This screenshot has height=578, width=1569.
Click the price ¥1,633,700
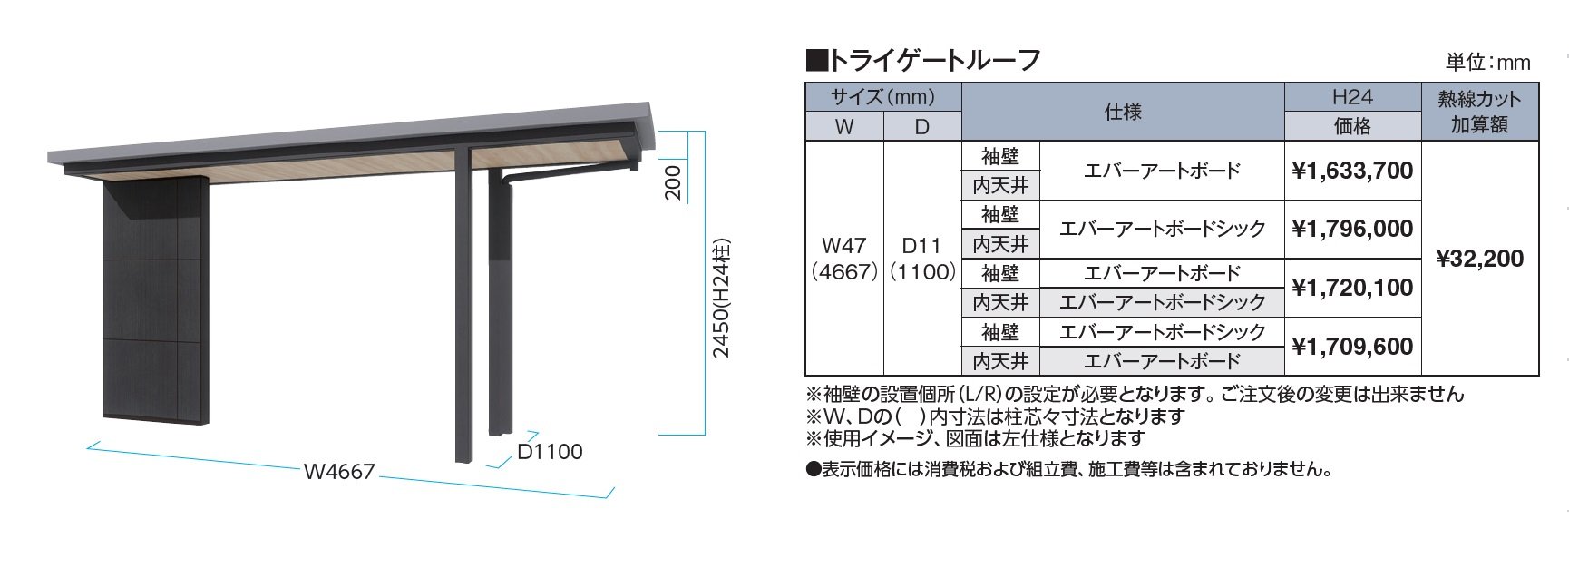click(1352, 171)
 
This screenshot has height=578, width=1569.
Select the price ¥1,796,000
click(1352, 229)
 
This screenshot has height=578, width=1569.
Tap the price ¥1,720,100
click(1352, 288)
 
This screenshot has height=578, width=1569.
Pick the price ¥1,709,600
click(1352, 347)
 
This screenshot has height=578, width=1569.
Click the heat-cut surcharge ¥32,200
click(1479, 259)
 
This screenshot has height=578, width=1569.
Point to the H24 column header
click(1352, 97)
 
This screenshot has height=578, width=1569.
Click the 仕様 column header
click(1122, 112)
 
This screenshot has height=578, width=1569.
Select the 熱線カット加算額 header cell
click(1479, 112)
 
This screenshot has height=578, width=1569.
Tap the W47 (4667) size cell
click(844, 259)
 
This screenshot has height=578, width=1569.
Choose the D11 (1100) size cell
click(922, 259)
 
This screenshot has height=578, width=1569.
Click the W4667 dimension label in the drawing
click(339, 472)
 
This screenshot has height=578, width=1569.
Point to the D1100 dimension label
click(550, 452)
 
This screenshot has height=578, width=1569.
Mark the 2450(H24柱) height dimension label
click(721, 299)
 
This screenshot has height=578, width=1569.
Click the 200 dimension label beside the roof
click(673, 182)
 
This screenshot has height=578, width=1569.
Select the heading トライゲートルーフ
click(923, 60)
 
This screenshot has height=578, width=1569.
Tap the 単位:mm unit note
click(1487, 63)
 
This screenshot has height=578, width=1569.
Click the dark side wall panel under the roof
click(156, 299)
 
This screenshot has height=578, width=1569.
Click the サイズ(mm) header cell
click(882, 97)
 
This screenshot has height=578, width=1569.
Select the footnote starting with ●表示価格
click(1070, 469)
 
